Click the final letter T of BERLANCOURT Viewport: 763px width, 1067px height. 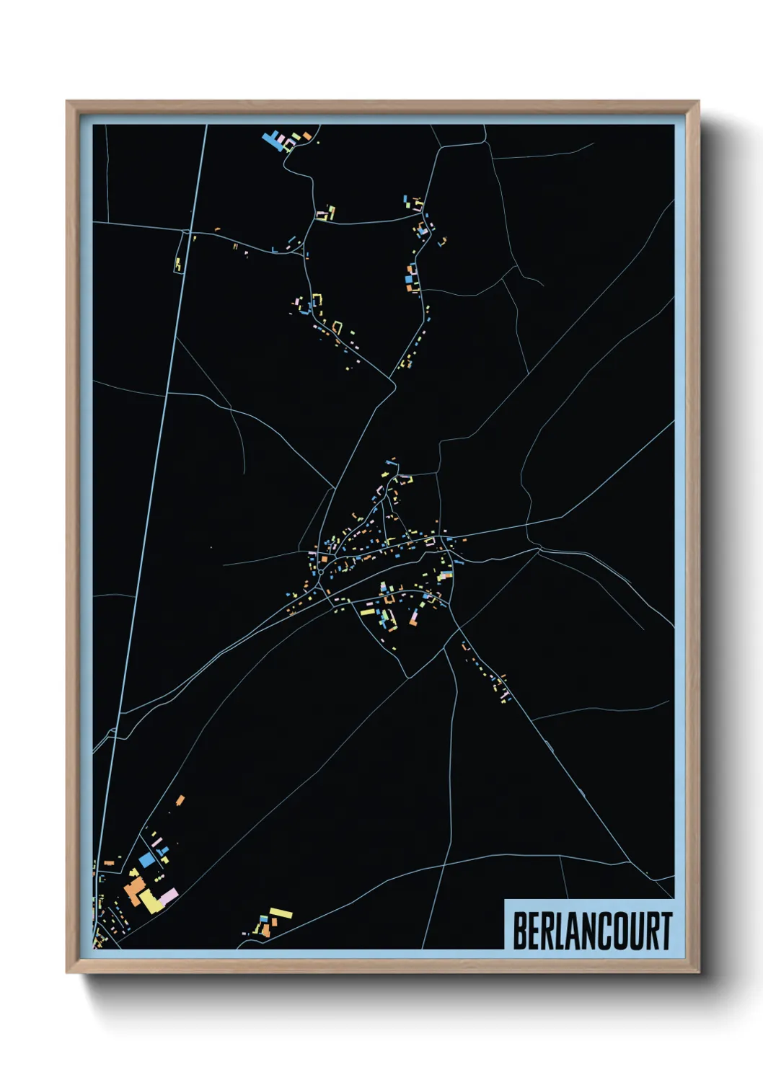pyautogui.click(x=666, y=931)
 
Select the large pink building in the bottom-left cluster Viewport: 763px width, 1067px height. pyautogui.click(x=169, y=896)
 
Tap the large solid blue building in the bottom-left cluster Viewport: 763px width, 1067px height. pyautogui.click(x=147, y=859)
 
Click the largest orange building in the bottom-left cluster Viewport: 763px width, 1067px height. pyautogui.click(x=134, y=892)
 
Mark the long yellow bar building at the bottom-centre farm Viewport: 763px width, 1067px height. pyautogui.click(x=281, y=914)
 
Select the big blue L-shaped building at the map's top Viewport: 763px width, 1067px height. pyautogui.click(x=274, y=138)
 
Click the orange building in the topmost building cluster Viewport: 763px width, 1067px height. pyautogui.click(x=306, y=136)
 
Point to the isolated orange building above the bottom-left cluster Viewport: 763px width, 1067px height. pyautogui.click(x=180, y=800)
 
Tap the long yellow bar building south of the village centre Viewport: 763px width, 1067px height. pyautogui.click(x=369, y=612)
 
